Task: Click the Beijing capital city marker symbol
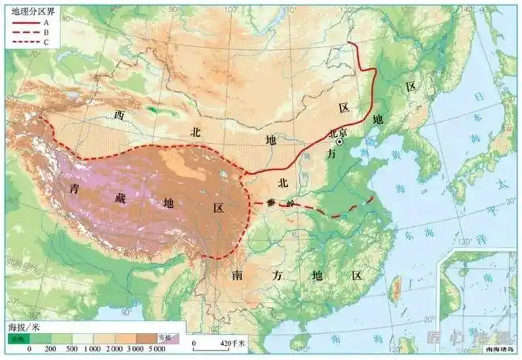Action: click(x=340, y=143)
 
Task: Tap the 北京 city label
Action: click(x=338, y=132)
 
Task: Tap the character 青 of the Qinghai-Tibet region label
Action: click(x=75, y=190)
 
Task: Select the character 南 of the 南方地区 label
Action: click(x=237, y=275)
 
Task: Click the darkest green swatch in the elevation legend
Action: click(x=17, y=338)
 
